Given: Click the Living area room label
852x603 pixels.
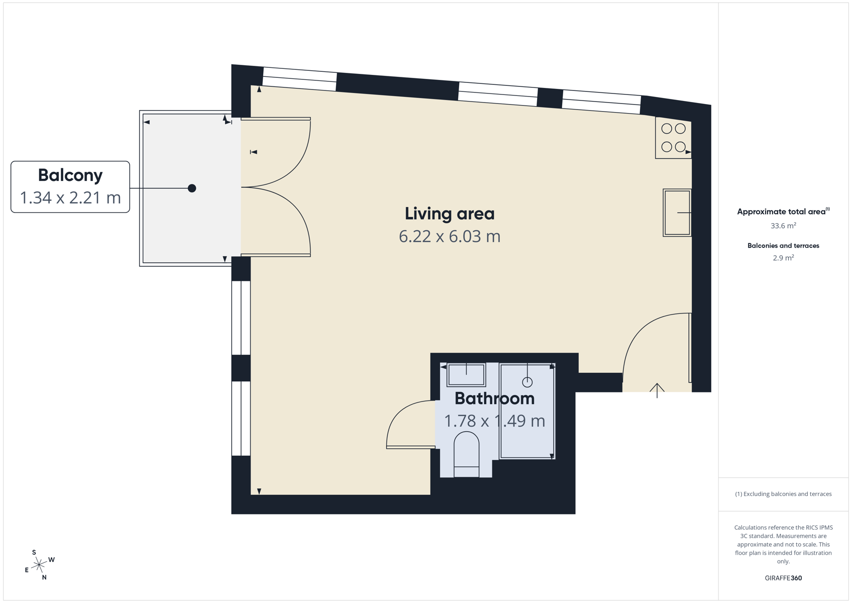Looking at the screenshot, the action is [x=450, y=214].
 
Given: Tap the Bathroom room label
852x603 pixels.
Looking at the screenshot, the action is [x=494, y=398].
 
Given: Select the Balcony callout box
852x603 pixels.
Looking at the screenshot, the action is [x=70, y=187].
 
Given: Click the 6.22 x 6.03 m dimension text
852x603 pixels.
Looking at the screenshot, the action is [x=450, y=236].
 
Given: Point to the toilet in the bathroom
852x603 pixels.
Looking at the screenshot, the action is [x=466, y=454].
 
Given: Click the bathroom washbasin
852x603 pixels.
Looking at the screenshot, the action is [x=466, y=375].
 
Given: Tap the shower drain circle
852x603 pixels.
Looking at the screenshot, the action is [x=527, y=381].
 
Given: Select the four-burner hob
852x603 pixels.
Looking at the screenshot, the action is [x=673, y=138].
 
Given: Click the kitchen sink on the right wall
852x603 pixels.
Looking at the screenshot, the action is [x=677, y=213].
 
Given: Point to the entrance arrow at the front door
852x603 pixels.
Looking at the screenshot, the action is [x=657, y=391].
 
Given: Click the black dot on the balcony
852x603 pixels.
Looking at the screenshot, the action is [x=192, y=188].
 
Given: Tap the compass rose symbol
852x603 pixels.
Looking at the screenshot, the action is [x=39, y=565].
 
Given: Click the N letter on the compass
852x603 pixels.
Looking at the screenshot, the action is [x=44, y=577].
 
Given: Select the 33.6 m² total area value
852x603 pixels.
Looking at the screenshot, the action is [x=783, y=226].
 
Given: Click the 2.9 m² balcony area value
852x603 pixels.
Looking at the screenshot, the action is [x=783, y=258].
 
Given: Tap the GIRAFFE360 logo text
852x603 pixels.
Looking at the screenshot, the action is [x=783, y=578].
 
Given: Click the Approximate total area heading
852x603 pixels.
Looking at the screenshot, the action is [x=783, y=212].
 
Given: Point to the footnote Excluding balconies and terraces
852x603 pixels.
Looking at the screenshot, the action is [x=783, y=494].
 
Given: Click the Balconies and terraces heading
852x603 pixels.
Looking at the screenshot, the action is [x=783, y=245].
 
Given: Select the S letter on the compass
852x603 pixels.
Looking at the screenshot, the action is [x=34, y=552].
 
